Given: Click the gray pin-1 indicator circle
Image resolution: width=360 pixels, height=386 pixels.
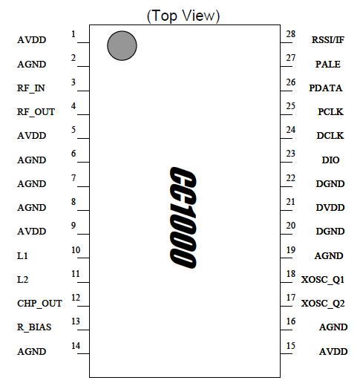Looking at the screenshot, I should [122, 45].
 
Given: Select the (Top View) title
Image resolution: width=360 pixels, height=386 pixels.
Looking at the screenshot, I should [183, 15].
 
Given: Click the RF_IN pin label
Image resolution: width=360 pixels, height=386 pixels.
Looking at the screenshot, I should [31, 88].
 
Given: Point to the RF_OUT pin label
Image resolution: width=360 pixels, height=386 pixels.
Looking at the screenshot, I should [36, 112].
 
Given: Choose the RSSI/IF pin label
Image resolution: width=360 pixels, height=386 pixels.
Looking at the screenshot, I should [328, 40].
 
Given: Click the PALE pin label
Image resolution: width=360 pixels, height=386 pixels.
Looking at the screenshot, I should [327, 65].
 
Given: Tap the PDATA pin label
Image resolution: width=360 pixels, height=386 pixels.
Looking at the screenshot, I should [326, 88].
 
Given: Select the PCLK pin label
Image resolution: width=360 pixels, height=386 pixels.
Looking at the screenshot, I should [329, 112].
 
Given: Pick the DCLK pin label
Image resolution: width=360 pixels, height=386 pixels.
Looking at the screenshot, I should [329, 136].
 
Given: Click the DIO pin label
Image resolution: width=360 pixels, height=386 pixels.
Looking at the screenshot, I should [330, 160].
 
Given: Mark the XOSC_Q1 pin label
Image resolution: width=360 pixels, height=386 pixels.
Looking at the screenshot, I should [324, 279].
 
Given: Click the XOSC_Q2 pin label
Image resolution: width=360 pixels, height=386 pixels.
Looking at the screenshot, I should [324, 303].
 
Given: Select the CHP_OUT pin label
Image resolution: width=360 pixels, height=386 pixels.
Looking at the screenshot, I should [39, 303].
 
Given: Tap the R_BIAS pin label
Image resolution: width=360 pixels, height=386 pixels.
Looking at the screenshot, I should [34, 327].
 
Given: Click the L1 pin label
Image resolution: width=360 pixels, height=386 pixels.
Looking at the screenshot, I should [22, 255].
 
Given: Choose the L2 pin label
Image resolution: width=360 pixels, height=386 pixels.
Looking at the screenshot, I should [22, 279].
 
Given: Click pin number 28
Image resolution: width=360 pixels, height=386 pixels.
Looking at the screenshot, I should [291, 34].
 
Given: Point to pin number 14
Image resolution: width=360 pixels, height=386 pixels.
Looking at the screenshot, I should [75, 345].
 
